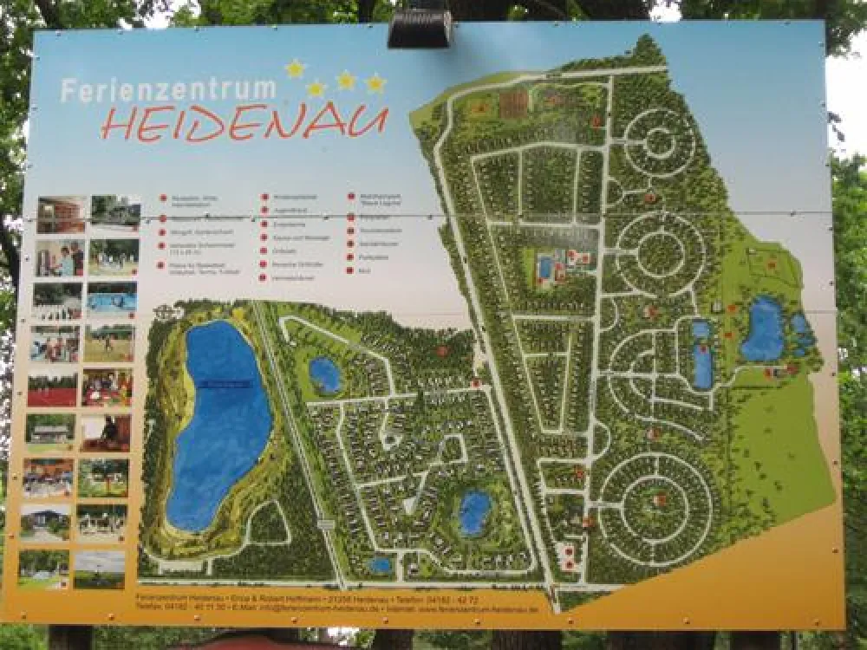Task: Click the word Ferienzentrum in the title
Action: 168,90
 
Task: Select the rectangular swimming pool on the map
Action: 545,268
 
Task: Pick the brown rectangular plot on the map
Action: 513,105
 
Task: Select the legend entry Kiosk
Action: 363,271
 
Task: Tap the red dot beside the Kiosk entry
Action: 350,271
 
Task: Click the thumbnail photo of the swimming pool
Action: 112,297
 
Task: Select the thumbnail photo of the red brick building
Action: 61,213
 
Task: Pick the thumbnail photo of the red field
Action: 52,389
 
